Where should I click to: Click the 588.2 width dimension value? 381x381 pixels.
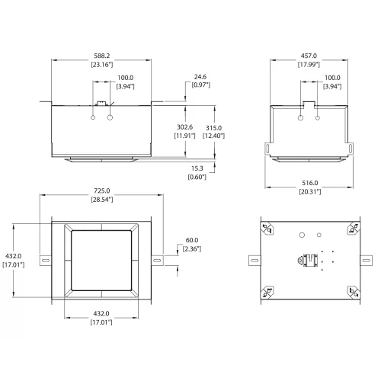(101, 56)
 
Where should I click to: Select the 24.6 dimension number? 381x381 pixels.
(200, 76)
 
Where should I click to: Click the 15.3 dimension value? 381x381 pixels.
(197, 168)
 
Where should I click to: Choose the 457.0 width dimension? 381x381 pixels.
(309, 56)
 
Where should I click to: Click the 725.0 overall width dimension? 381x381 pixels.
(102, 190)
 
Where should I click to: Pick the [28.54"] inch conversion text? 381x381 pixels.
(102, 198)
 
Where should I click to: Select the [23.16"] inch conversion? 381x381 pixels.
(101, 65)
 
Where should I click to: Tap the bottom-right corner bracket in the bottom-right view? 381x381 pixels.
(352, 290)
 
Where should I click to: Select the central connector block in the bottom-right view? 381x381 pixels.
(309, 260)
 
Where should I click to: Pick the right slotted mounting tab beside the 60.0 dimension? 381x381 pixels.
(157, 261)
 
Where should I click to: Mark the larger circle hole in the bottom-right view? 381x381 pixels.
(302, 235)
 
